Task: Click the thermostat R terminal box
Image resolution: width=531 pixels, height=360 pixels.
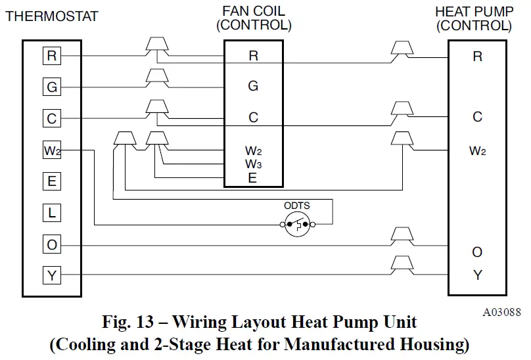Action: (52, 56)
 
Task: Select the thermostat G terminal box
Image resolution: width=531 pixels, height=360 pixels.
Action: (52, 87)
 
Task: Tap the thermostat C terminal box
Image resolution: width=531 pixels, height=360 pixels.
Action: (52, 118)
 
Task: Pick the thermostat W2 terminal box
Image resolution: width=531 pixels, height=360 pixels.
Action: (52, 150)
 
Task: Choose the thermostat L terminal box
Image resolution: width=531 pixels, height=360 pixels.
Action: (52, 212)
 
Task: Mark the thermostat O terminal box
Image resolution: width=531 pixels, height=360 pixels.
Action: (52, 244)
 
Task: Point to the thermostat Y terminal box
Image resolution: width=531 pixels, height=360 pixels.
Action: (52, 276)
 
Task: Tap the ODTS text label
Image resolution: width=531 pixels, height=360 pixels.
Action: (297, 206)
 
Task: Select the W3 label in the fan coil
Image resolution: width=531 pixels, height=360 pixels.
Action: (254, 164)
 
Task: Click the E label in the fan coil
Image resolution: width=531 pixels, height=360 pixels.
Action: (253, 177)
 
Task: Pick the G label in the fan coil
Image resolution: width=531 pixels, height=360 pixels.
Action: (253, 86)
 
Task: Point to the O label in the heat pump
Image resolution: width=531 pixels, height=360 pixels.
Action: (478, 253)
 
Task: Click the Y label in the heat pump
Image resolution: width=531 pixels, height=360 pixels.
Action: (478, 275)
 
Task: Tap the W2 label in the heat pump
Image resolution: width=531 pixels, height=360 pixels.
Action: (478, 151)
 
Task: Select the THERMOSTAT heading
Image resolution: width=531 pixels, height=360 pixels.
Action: (52, 16)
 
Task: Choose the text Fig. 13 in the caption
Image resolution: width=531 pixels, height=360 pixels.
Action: (129, 323)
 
